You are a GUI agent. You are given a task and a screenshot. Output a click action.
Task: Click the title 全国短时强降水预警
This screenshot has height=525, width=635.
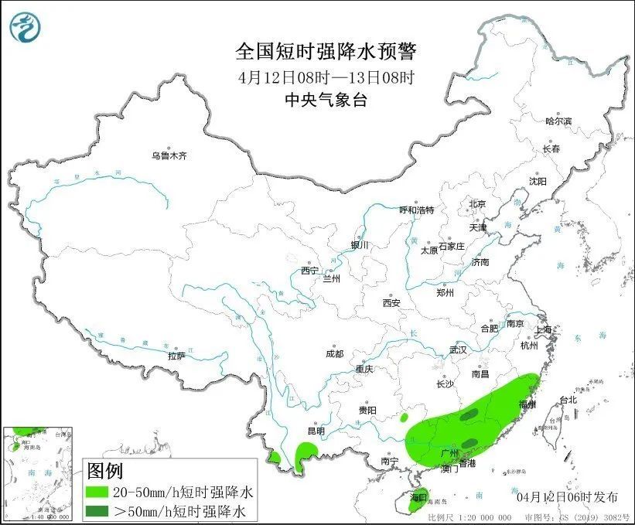326,52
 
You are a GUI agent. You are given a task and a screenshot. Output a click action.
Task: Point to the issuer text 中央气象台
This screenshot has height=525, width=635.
325,100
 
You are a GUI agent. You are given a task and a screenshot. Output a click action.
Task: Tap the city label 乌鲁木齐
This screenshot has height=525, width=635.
169,155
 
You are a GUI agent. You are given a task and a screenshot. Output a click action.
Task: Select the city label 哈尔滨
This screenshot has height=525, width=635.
558,121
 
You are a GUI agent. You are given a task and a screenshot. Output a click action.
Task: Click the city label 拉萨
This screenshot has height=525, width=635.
176,356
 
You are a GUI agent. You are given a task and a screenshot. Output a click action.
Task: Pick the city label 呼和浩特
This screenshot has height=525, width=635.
416,210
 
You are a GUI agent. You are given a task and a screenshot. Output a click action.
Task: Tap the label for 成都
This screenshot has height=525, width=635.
334,353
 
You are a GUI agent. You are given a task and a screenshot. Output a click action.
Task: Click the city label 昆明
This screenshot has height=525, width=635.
316,431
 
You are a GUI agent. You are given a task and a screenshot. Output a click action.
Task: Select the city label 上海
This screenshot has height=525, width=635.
545,330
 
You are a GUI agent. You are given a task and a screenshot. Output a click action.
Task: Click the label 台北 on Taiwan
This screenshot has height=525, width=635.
568,400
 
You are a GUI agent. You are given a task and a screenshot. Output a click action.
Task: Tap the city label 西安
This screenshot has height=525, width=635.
391,303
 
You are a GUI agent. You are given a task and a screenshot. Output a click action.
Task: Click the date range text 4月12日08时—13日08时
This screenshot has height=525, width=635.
326,77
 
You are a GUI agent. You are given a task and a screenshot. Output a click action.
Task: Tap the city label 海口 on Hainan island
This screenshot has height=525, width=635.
418,496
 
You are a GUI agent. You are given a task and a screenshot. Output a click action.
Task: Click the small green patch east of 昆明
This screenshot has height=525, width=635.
307,450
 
